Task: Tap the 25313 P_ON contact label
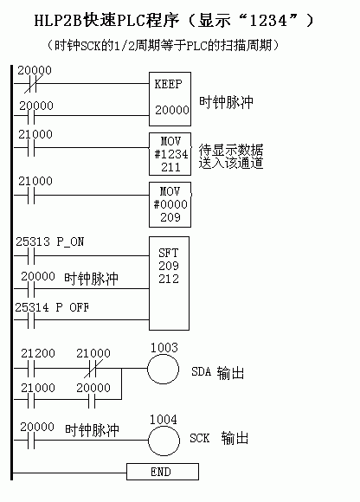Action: (50, 241)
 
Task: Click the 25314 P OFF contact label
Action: (52, 307)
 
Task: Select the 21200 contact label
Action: (38, 353)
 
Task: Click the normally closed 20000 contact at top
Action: (31, 84)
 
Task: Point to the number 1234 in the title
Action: (268, 21)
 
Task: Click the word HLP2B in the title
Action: (58, 21)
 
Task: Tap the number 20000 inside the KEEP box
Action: (172, 110)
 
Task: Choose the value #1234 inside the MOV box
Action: (171, 154)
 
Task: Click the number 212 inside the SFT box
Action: (169, 279)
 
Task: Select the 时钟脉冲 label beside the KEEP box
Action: (226, 102)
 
